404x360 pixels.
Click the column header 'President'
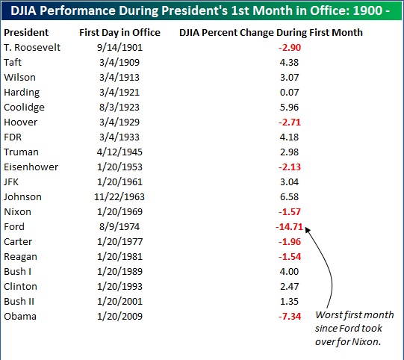(26, 32)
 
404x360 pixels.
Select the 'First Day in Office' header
(119, 32)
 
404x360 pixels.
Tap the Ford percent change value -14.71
(289, 227)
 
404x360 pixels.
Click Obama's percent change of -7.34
(290, 317)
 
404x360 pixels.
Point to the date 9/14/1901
(119, 47)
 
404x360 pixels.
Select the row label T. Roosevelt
(32, 47)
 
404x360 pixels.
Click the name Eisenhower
(31, 167)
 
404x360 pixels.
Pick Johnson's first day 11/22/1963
(119, 197)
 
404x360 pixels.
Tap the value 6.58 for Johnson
(289, 197)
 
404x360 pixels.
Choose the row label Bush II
(19, 302)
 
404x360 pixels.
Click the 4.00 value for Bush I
(289, 272)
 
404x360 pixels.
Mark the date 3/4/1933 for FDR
(119, 137)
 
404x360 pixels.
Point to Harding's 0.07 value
(289, 93)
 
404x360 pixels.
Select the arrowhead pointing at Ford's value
(308, 229)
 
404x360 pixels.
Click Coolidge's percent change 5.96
(289, 108)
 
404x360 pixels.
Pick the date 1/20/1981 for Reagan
(119, 257)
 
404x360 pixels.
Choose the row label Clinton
(20, 287)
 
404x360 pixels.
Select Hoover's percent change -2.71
(290, 122)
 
